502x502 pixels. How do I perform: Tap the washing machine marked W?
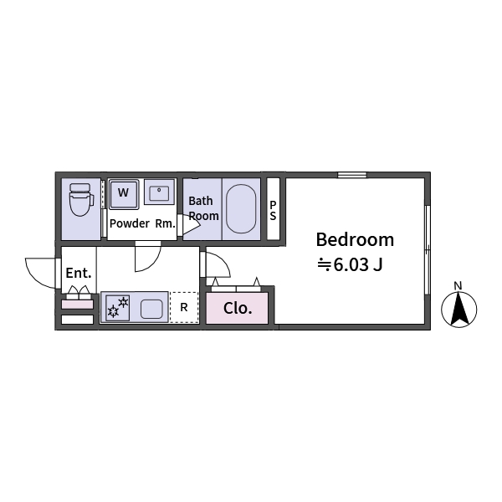tap(124, 194)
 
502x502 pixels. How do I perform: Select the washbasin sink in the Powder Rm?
tap(159, 192)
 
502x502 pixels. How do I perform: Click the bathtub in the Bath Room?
tap(241, 208)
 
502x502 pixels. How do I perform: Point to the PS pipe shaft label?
tap(273, 211)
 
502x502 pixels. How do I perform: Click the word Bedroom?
tap(355, 240)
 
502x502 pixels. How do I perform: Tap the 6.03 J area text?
tap(350, 264)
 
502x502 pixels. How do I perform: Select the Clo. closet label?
tap(238, 308)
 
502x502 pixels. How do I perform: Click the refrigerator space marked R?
tap(184, 307)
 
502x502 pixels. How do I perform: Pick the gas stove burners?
tap(118, 308)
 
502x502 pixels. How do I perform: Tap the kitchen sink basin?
tap(151, 309)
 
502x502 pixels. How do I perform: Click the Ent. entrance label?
tap(79, 273)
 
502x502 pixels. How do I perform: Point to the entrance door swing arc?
tap(41, 273)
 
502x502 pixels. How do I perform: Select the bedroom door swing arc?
tap(218, 264)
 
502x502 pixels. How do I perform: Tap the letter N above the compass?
tap(458, 285)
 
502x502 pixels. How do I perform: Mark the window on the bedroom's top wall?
tap(352, 175)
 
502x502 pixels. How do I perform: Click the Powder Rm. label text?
tap(142, 223)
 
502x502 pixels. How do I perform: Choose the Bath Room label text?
tap(203, 208)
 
